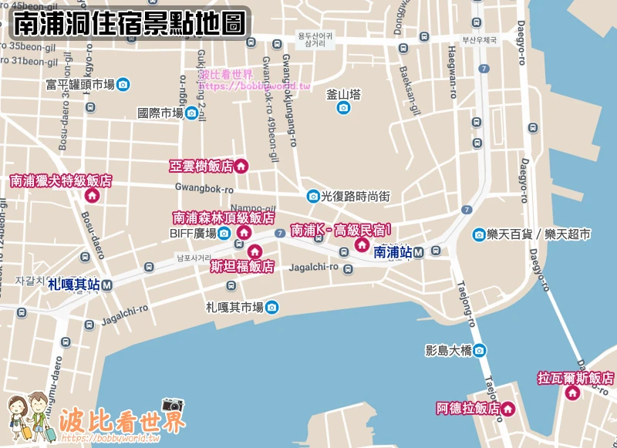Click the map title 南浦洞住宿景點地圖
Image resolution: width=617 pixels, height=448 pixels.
(x=131, y=24)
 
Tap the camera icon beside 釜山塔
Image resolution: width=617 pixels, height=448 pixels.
(x=343, y=108)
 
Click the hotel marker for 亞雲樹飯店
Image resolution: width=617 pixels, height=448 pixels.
(x=241, y=166)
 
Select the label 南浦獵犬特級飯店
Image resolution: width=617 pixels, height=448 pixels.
(x=61, y=181)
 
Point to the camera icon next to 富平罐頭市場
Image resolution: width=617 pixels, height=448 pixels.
(x=123, y=85)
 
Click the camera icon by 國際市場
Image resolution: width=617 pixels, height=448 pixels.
(x=191, y=113)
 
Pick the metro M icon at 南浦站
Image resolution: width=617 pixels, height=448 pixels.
(x=418, y=252)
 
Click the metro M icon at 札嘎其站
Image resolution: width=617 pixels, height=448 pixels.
(x=107, y=285)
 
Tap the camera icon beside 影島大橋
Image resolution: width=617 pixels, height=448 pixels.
(x=480, y=350)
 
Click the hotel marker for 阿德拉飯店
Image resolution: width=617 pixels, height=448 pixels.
(x=508, y=409)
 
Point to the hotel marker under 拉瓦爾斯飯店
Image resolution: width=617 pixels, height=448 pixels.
(x=572, y=393)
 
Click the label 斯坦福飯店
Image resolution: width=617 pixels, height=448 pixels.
(x=242, y=267)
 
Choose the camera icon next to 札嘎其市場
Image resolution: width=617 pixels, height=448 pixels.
(x=271, y=308)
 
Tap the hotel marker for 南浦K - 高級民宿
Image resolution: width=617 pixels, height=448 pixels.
(x=361, y=244)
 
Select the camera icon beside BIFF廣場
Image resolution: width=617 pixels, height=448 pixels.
(x=224, y=233)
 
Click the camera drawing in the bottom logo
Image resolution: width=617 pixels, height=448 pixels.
(x=173, y=405)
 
